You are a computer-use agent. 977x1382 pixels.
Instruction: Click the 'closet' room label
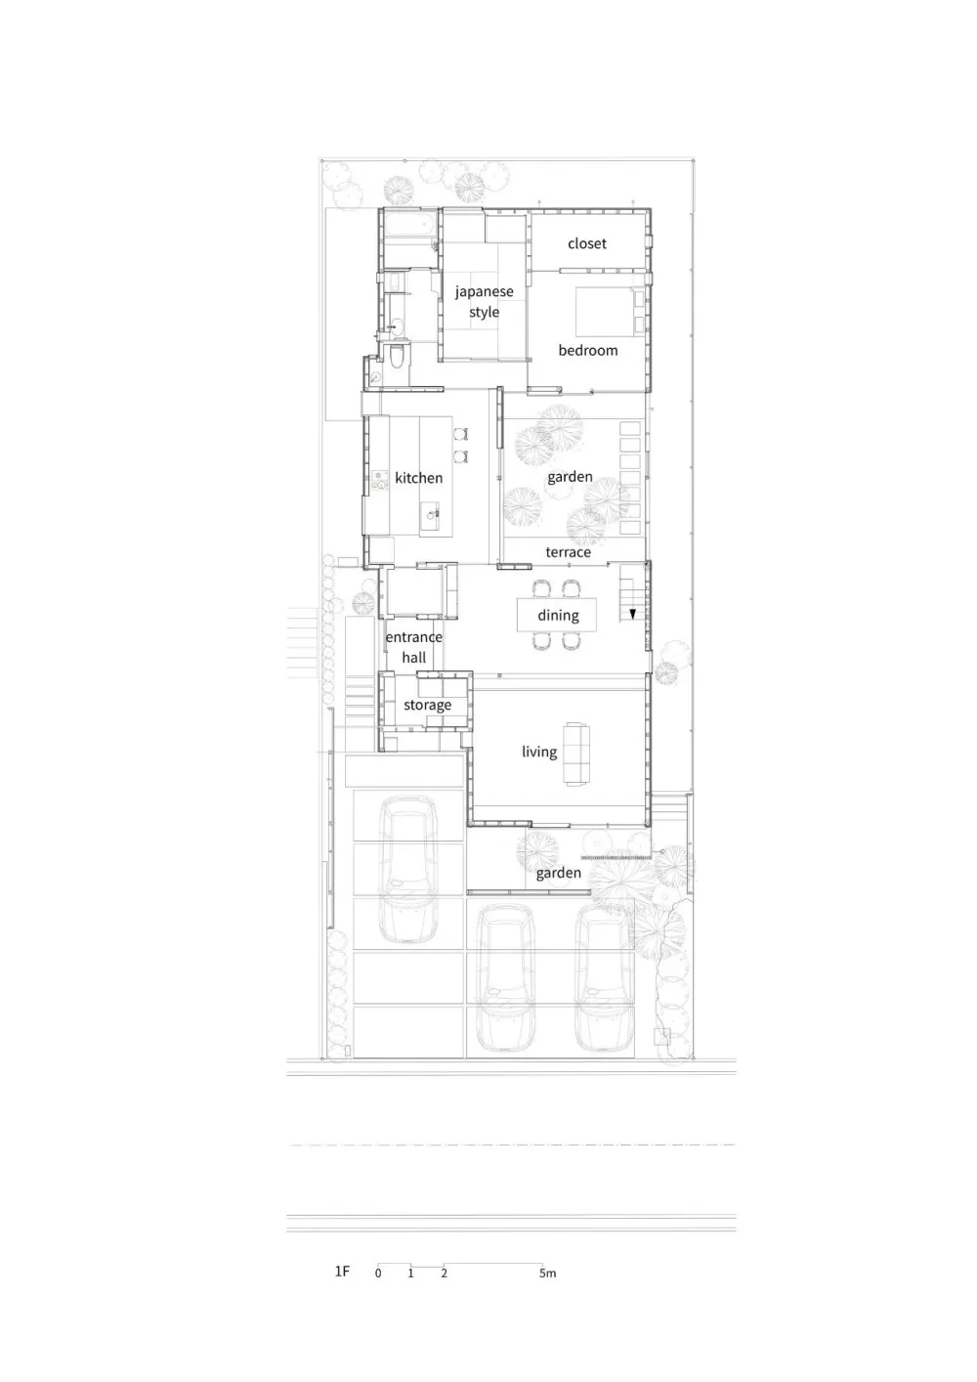click(x=587, y=243)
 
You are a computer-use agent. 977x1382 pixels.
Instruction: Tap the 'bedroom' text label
click(x=588, y=350)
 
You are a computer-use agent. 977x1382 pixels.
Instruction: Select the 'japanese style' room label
click(x=484, y=302)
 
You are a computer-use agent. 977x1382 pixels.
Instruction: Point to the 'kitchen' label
click(x=418, y=478)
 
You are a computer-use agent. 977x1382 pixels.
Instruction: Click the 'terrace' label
click(x=568, y=552)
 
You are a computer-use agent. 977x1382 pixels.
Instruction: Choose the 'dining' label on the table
click(x=558, y=615)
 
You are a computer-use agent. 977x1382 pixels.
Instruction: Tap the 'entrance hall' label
click(x=413, y=647)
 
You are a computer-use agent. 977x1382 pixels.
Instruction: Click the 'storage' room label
click(x=427, y=705)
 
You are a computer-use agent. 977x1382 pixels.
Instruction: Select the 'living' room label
click(x=539, y=752)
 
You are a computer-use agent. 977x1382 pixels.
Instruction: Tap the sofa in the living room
click(x=576, y=754)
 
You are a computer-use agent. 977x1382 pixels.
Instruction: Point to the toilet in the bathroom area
click(x=396, y=357)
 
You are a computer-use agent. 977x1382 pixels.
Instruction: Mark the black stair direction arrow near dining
click(x=633, y=615)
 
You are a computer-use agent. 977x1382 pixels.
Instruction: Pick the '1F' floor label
click(x=342, y=1272)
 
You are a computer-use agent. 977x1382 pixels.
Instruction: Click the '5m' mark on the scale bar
click(x=547, y=1274)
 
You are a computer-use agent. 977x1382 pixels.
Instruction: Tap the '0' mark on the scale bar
click(x=378, y=1274)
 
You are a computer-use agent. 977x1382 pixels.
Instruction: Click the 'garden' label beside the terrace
click(x=570, y=477)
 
